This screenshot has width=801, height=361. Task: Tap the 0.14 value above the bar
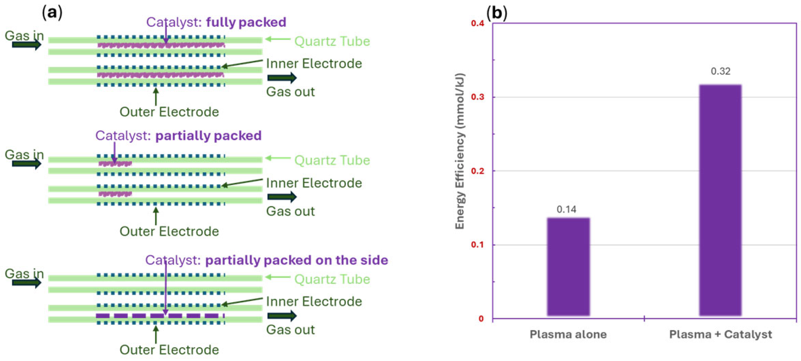tap(566, 209)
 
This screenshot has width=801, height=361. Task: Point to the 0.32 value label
tap(720, 71)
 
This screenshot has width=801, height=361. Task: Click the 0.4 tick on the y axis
tap(478, 24)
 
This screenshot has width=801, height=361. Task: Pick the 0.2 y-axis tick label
tap(478, 171)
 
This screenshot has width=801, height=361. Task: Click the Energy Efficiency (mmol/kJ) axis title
tap(460, 151)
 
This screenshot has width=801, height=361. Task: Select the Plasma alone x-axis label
tap(568, 334)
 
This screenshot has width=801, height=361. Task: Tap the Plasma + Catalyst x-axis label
tap(720, 334)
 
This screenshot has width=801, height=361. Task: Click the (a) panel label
tap(52, 13)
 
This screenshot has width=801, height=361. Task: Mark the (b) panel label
tap(496, 13)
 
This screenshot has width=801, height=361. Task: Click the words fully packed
tap(246, 22)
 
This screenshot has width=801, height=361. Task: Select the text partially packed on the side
tap(297, 260)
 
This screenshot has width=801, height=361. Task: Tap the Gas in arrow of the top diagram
tap(26, 45)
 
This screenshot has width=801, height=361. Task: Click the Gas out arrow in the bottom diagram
tap(282, 316)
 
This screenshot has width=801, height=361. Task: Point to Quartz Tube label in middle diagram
tap(332, 160)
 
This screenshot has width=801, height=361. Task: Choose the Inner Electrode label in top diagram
tap(314, 64)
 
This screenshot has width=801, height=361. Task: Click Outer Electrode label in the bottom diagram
tap(169, 350)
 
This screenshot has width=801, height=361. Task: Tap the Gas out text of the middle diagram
tap(290, 211)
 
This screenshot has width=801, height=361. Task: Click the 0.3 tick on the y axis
tap(478, 97)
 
